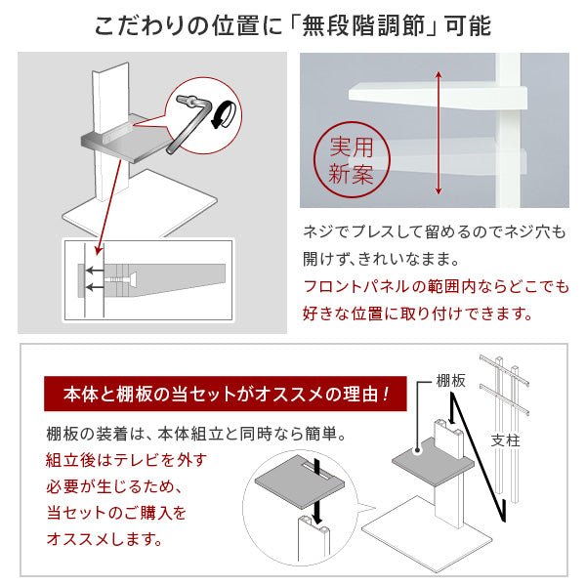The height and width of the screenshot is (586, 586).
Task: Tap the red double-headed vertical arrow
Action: point(439,133)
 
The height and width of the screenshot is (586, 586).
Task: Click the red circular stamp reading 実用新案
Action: point(352,160)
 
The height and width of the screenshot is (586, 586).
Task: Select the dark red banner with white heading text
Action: point(225,395)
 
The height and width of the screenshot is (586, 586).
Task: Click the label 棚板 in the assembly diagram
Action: point(450,381)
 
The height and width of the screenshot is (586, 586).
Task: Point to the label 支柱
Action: point(505,440)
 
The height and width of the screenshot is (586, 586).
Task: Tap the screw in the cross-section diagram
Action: point(121,279)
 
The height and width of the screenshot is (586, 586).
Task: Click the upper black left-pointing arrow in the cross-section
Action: point(95,271)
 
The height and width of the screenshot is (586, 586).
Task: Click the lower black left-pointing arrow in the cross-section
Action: point(95,287)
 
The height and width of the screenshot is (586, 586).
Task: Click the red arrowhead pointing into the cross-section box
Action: point(99,250)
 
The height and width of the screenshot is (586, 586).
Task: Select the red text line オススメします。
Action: point(105,539)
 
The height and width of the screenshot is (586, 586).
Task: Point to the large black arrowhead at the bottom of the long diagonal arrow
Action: point(503,511)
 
